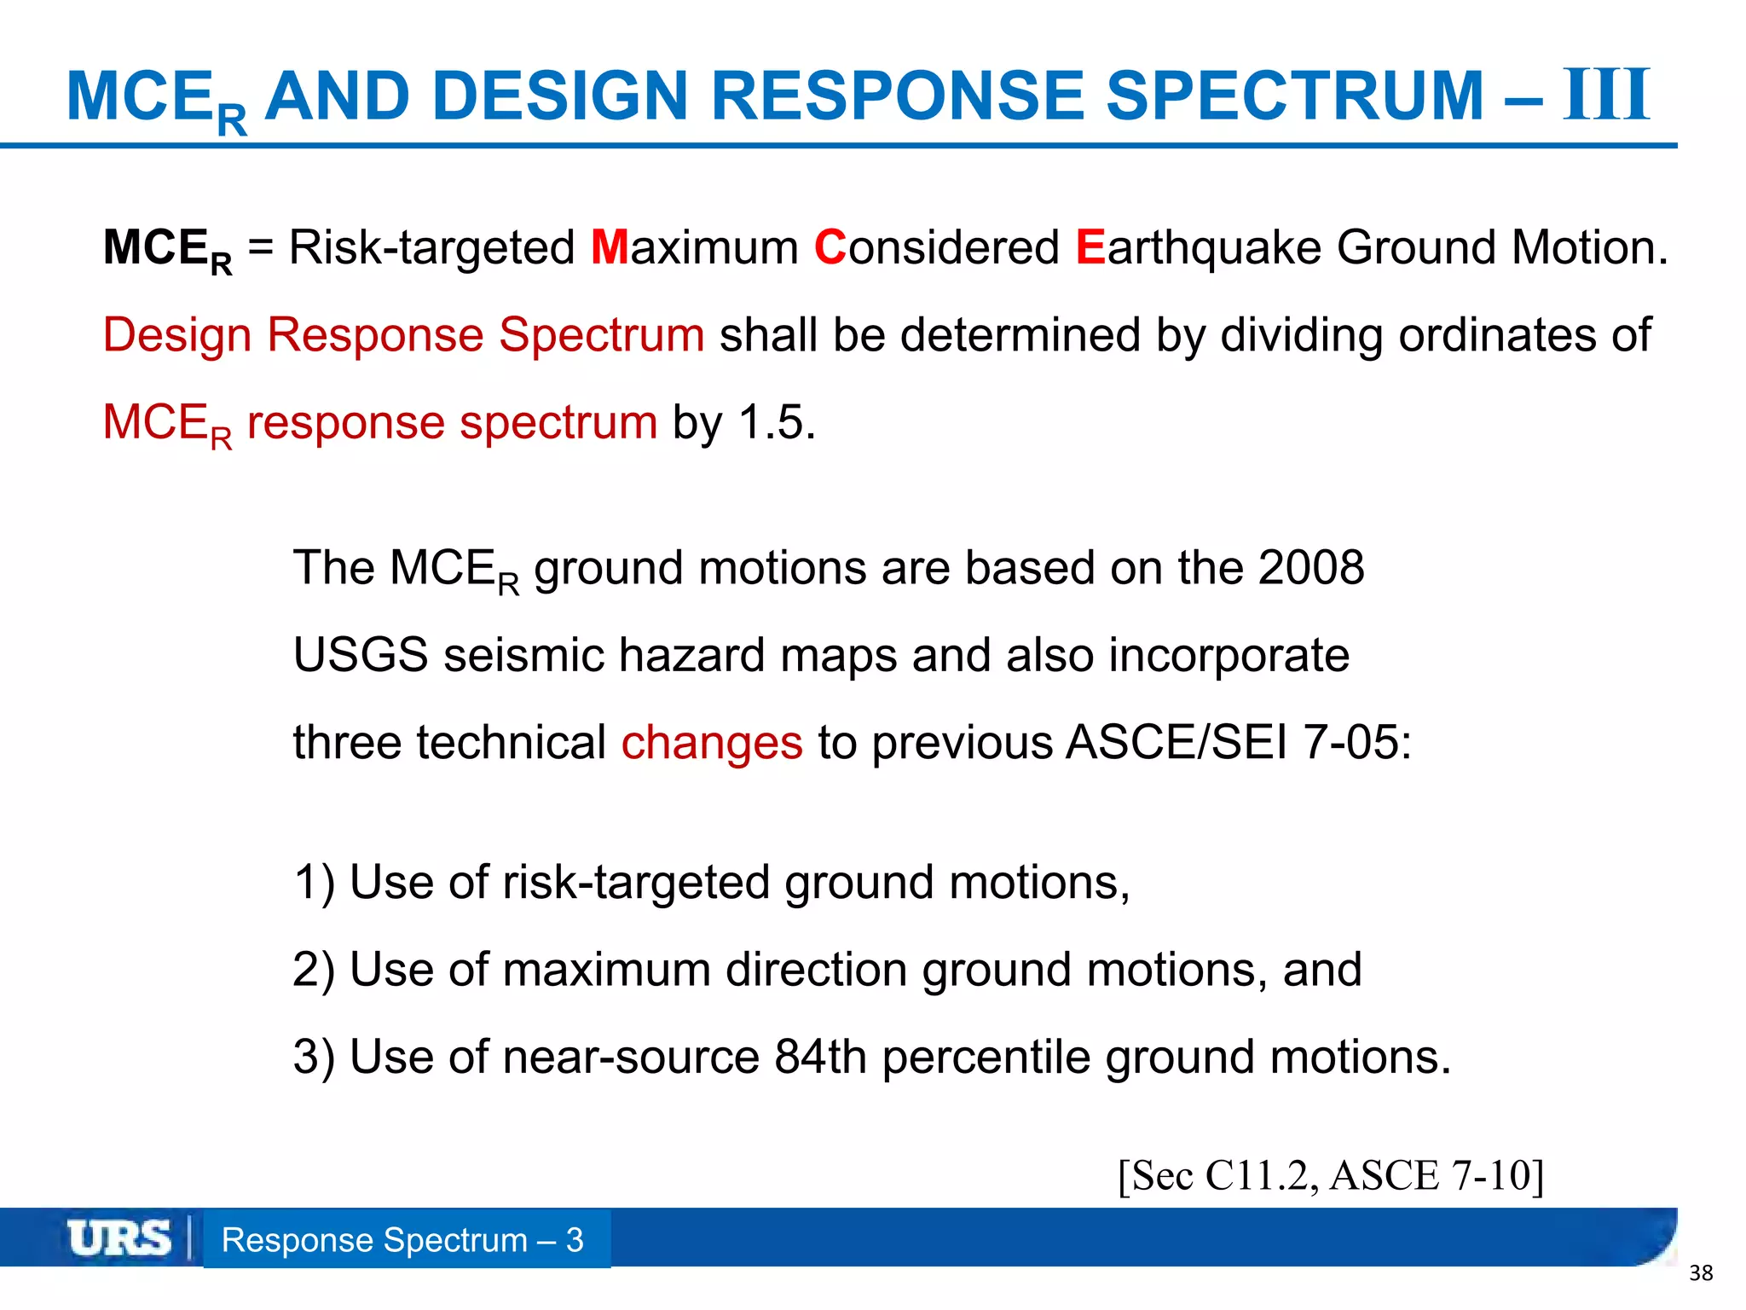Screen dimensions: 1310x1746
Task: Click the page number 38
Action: pos(1701,1273)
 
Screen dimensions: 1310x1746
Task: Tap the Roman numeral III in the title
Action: pos(1606,96)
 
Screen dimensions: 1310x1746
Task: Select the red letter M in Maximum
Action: pos(609,247)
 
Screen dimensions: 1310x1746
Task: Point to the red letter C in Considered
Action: pos(830,247)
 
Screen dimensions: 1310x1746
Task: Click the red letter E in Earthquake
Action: pos(1090,247)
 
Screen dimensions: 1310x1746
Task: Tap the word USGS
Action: pos(360,656)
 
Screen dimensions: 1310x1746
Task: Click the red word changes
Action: pos(711,743)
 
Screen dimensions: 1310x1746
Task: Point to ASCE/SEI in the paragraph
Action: pos(1177,743)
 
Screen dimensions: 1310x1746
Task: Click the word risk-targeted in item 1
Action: pos(636,883)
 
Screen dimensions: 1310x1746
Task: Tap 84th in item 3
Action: pos(820,1058)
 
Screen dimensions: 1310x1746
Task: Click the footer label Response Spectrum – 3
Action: pos(402,1240)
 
